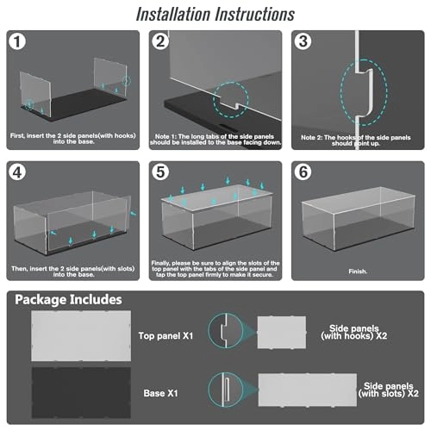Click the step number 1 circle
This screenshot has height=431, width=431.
[x=17, y=41]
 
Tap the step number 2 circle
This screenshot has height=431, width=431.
[x=160, y=41]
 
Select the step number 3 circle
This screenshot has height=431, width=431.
[x=303, y=41]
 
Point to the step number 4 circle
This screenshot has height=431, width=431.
[x=17, y=172]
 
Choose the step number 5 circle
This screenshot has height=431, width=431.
[x=160, y=172]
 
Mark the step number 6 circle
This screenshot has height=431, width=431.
[x=303, y=172]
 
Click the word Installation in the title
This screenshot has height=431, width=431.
[x=173, y=14]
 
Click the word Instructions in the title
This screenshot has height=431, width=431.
[x=255, y=14]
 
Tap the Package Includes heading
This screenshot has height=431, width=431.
[x=68, y=300]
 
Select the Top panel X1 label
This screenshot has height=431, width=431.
[x=166, y=335]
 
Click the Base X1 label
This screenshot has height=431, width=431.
[x=160, y=393]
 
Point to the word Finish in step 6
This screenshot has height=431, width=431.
[x=358, y=272]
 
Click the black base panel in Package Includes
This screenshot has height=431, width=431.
[x=81, y=392]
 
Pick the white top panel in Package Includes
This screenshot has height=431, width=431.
[x=81, y=335]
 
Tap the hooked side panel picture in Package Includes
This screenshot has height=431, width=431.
[x=282, y=333]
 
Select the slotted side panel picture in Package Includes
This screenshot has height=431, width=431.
[x=308, y=390]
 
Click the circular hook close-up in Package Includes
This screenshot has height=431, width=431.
[x=208, y=330]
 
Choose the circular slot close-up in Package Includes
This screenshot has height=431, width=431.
[x=208, y=390]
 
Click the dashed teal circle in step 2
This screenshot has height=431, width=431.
[x=214, y=99]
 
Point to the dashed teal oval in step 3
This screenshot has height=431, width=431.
[x=341, y=92]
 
